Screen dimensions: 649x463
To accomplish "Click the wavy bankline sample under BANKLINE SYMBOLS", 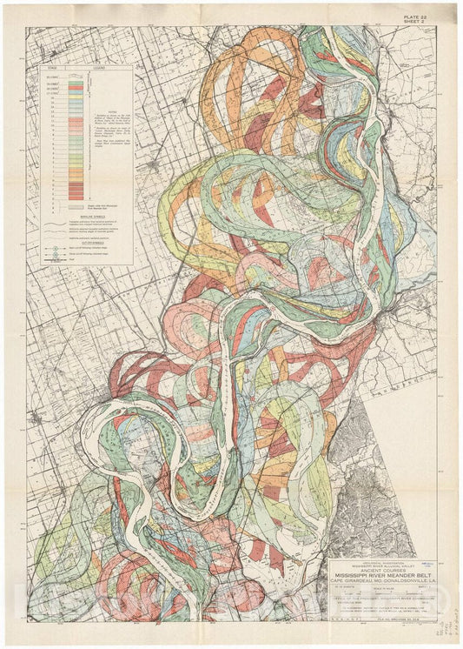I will click(53, 224).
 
